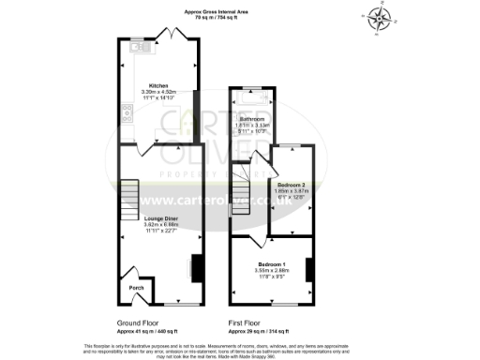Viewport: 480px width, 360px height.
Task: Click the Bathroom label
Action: point(251,119)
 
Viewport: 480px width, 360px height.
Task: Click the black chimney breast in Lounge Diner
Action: point(196,267)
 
